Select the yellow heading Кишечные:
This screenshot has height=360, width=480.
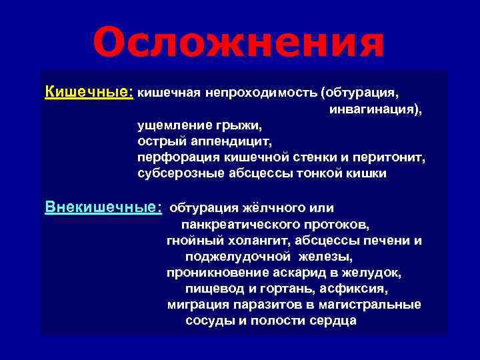point(89,91)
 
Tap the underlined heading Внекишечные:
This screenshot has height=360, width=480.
point(103,207)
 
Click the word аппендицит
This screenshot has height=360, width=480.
point(223,141)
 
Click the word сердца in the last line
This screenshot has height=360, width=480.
point(333,321)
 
